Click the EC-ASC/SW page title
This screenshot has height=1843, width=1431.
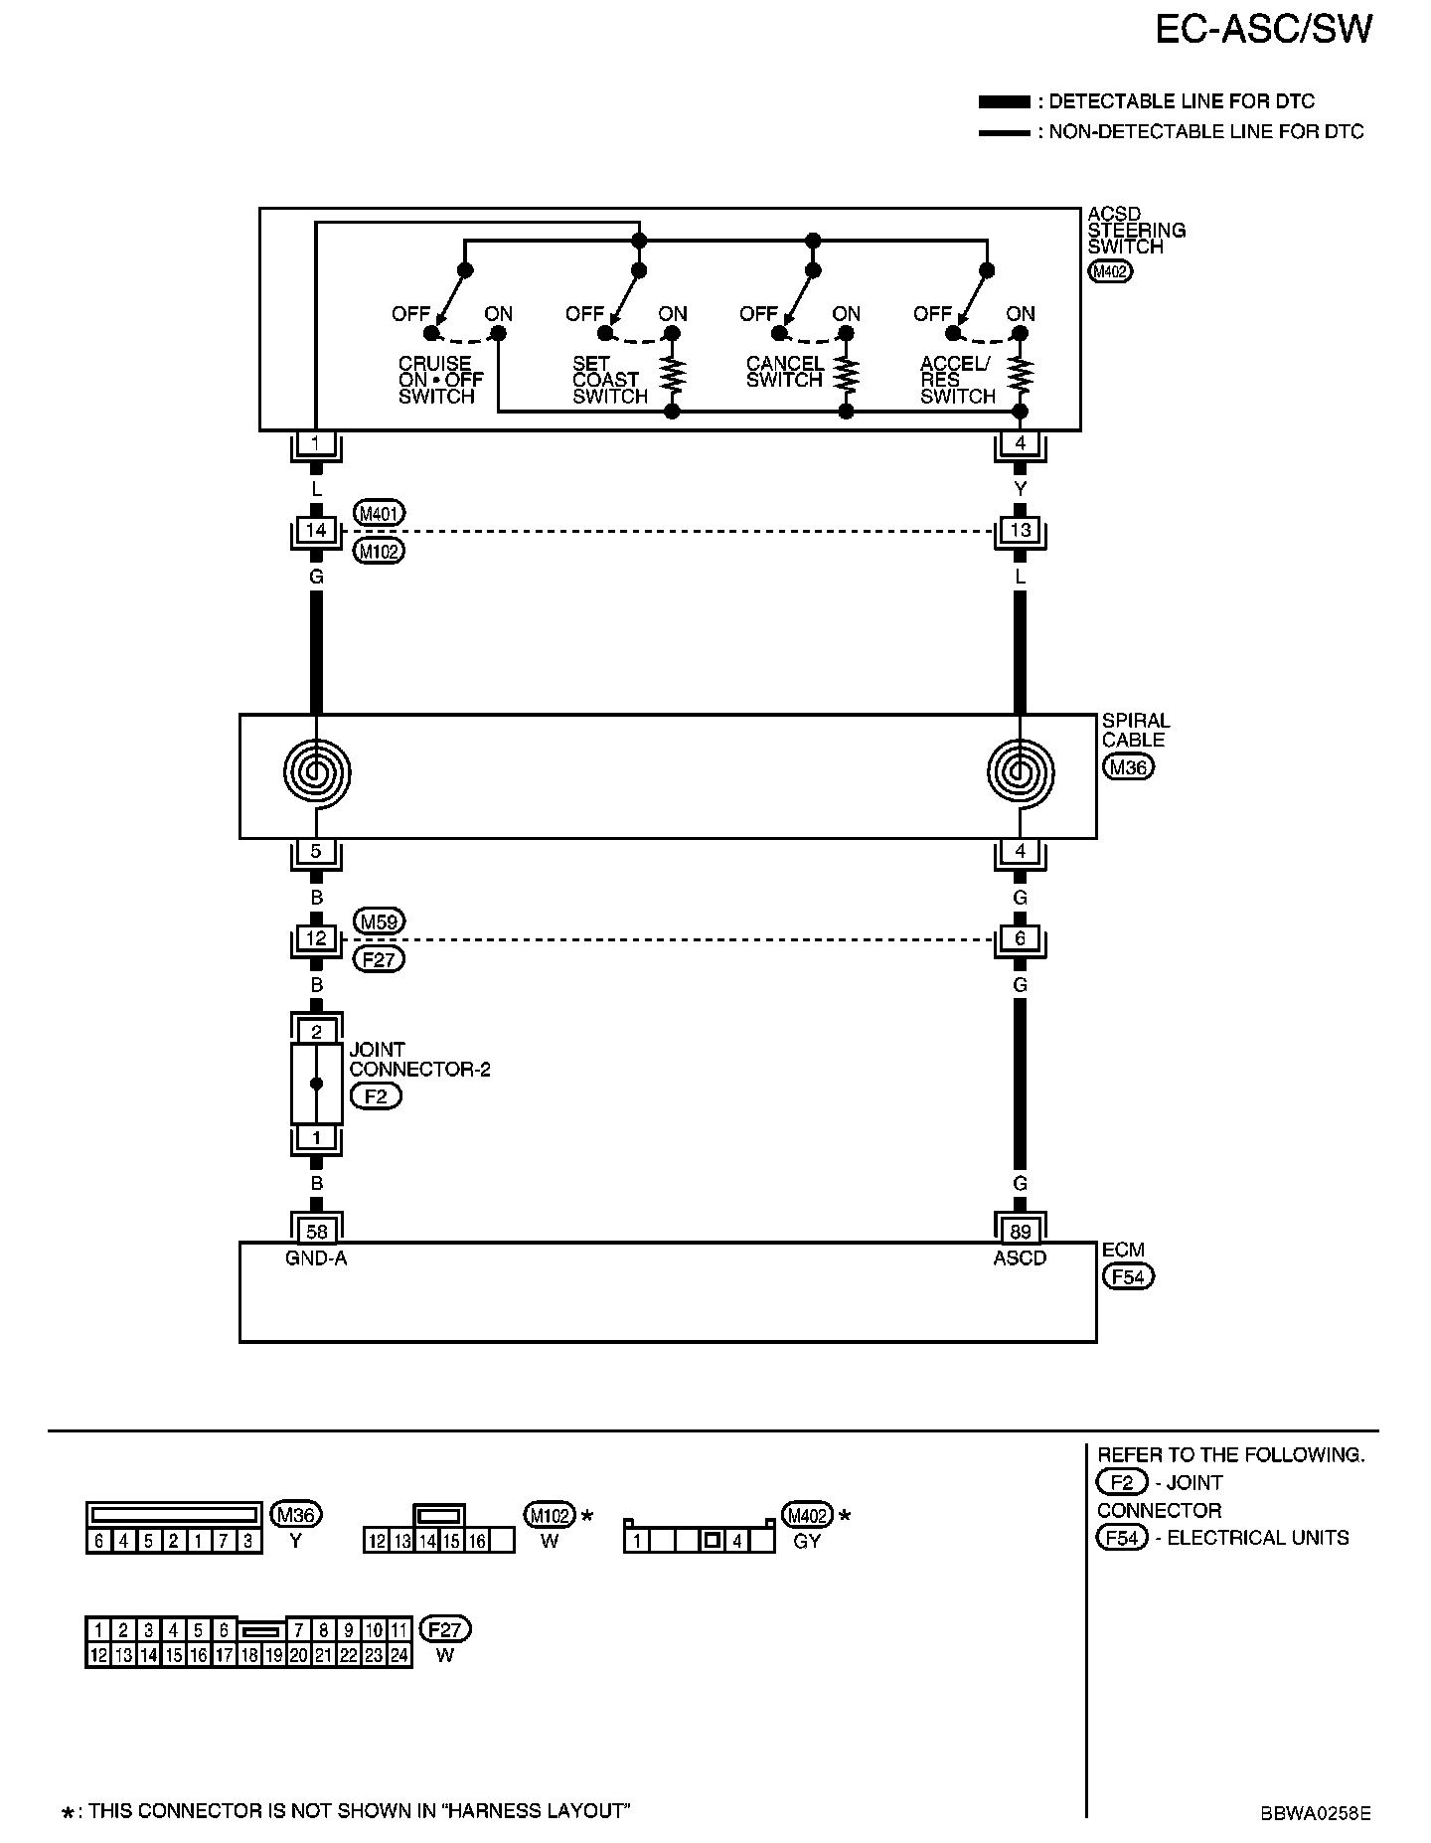1263,30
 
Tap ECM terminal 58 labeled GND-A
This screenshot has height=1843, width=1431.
316,1232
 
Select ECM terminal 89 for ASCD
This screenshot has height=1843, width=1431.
1020,1232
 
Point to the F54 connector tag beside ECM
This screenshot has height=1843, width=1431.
1128,1276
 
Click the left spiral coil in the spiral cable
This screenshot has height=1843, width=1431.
316,772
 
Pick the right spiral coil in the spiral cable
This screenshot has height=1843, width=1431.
1020,772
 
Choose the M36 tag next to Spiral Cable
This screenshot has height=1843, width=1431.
1128,767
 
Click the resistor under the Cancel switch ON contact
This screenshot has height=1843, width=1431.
847,375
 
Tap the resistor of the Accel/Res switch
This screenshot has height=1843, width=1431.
1021,375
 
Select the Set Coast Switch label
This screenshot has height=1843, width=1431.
608,380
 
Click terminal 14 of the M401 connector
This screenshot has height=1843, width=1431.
316,531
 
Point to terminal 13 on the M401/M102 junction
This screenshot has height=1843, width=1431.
1020,531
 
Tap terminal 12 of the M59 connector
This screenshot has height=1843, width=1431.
316,938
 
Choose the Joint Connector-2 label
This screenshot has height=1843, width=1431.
418,1060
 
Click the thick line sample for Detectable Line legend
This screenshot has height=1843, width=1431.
1004,102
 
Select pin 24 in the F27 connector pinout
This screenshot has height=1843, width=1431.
398,1656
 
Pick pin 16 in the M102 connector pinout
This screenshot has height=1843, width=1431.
477,1542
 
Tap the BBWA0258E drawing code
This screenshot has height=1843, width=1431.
1316,1812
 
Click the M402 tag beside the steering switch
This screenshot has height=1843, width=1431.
1110,271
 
